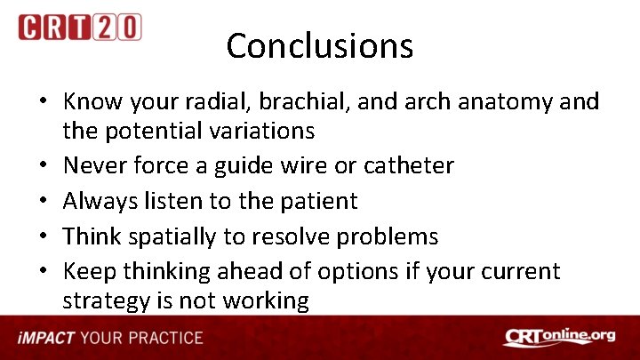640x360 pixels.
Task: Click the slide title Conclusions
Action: tap(319, 45)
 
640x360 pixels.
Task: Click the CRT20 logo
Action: tap(80, 27)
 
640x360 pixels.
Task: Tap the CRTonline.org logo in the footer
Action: tap(559, 337)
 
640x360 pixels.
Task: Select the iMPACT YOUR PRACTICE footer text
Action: tap(110, 338)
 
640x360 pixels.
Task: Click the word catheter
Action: tap(409, 165)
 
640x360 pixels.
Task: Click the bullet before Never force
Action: tap(43, 166)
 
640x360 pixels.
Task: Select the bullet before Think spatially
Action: tap(43, 237)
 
